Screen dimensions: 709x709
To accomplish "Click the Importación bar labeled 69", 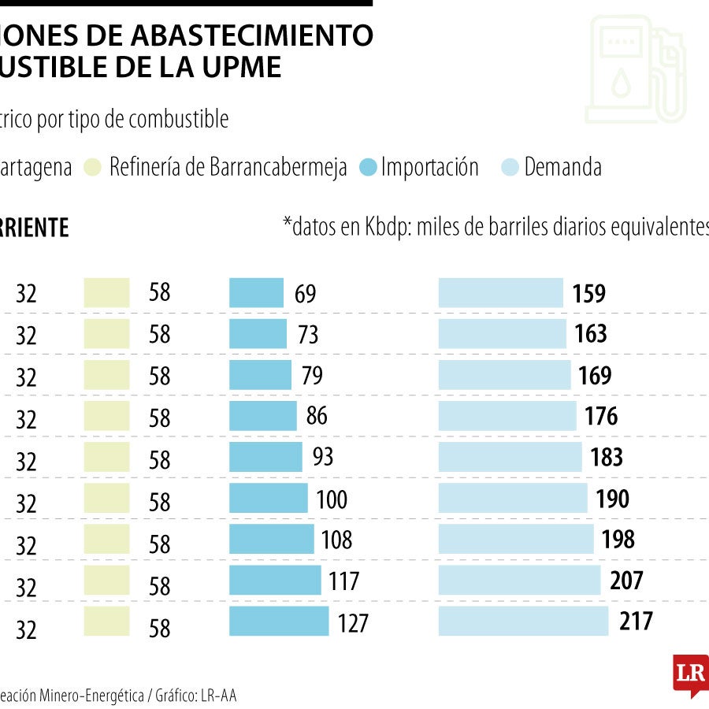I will tap(256, 293).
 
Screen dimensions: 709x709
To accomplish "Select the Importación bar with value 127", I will tap(279, 621).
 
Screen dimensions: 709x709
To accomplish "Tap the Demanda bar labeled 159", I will tap(500, 293).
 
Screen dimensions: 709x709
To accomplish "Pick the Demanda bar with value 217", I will tap(523, 621).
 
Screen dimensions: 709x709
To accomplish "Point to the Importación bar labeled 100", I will tap(268, 498).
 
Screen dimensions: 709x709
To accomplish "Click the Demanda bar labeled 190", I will tap(513, 498).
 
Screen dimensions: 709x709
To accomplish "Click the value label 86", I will tap(317, 416).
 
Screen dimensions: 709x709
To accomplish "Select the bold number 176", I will tap(601, 416).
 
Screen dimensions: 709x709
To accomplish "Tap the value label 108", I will tap(336, 540).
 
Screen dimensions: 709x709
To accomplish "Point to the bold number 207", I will tap(626, 581).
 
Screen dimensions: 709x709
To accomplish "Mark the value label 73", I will tap(308, 334).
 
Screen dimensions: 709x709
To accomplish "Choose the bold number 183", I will tap(606, 457).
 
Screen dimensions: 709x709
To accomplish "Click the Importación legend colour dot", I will tap(368, 168).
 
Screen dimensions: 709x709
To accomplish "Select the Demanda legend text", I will tap(562, 168).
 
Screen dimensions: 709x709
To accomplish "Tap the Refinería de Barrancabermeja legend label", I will tap(228, 168).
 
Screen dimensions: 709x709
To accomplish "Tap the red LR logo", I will tap(689, 674).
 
